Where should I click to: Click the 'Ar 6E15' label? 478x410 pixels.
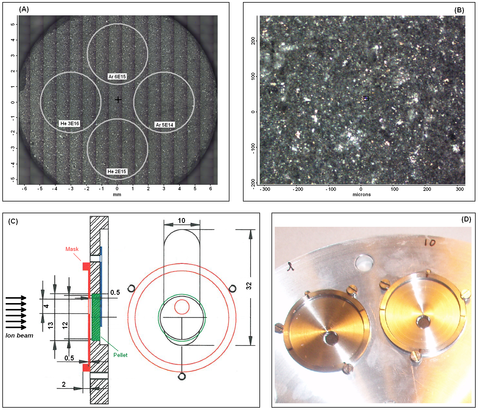(117, 77)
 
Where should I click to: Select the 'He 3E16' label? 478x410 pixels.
(70, 123)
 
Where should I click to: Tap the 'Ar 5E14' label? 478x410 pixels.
(164, 125)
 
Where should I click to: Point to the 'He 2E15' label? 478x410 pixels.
(117, 171)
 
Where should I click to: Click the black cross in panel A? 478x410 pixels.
(118, 100)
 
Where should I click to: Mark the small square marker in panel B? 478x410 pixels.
(366, 99)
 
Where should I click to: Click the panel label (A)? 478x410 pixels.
(24, 9)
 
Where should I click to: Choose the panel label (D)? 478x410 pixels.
(466, 219)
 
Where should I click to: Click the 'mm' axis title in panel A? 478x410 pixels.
(117, 194)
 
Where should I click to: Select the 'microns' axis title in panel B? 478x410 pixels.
(362, 194)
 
